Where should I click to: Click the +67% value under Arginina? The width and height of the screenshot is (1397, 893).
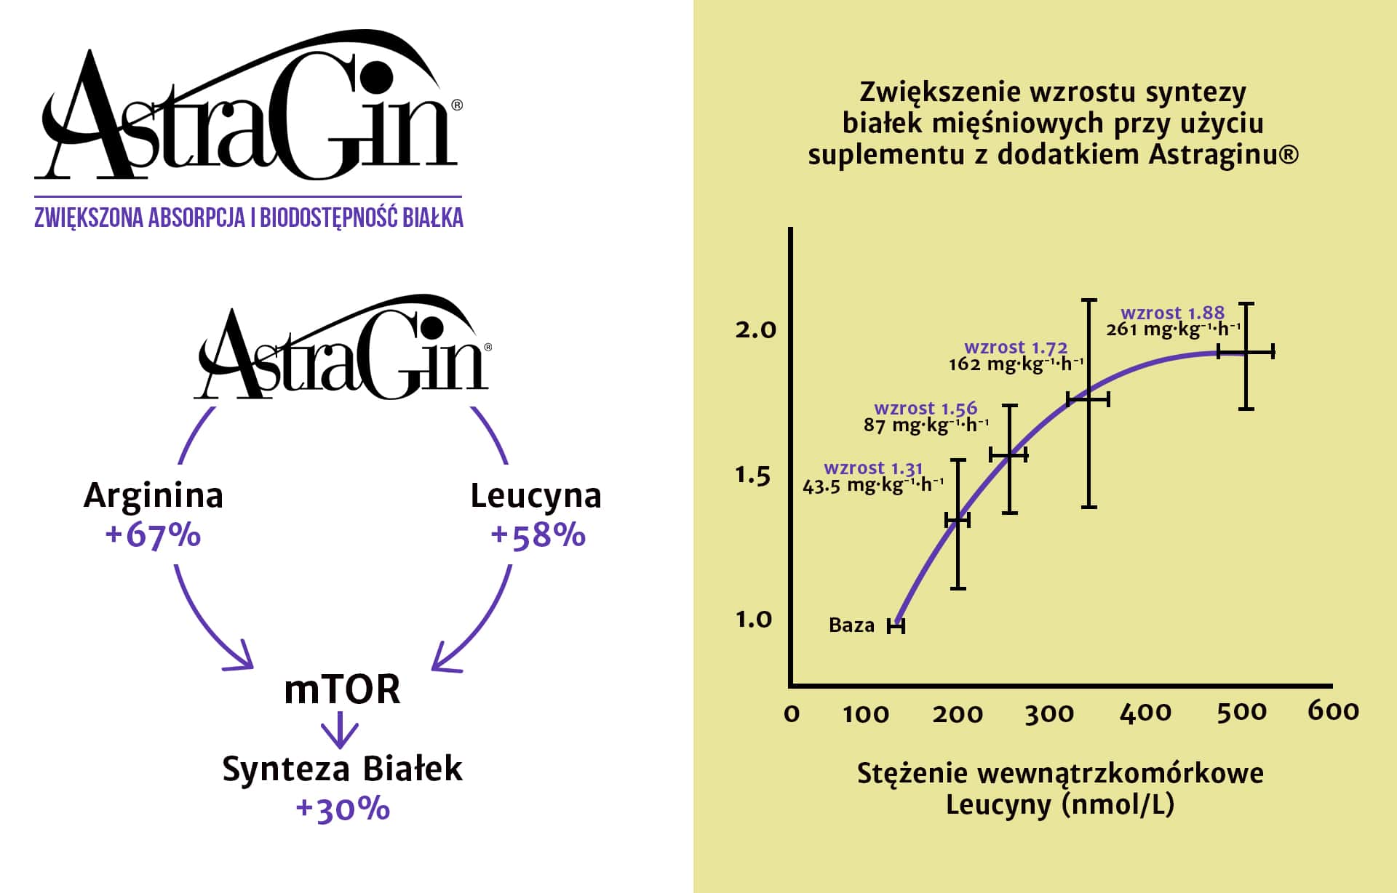(x=153, y=535)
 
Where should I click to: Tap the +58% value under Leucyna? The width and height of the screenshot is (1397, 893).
(x=538, y=535)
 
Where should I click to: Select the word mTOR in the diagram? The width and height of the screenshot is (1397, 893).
(x=342, y=689)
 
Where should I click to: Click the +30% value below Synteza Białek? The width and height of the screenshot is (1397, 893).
(x=343, y=809)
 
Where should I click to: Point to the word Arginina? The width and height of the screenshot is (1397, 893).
(x=154, y=496)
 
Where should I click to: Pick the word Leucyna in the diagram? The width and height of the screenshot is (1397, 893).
(x=536, y=496)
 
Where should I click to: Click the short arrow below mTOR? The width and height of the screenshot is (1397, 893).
(x=340, y=730)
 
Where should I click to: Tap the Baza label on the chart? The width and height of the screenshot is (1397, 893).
(x=851, y=625)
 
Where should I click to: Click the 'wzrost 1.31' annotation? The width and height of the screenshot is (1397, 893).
(x=873, y=468)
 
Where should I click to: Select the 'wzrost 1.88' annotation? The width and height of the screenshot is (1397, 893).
(x=1172, y=313)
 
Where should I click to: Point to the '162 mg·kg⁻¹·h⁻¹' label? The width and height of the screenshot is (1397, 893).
(x=1016, y=364)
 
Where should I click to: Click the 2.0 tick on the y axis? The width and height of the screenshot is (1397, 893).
(x=755, y=330)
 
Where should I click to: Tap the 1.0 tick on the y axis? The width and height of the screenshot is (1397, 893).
(x=753, y=620)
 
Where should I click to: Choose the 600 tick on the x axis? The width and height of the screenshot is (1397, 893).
(x=1333, y=711)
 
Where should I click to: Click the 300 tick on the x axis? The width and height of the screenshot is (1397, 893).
(x=1049, y=714)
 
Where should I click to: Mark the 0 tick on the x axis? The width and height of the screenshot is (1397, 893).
(x=792, y=714)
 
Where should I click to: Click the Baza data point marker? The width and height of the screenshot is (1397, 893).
(x=896, y=625)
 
